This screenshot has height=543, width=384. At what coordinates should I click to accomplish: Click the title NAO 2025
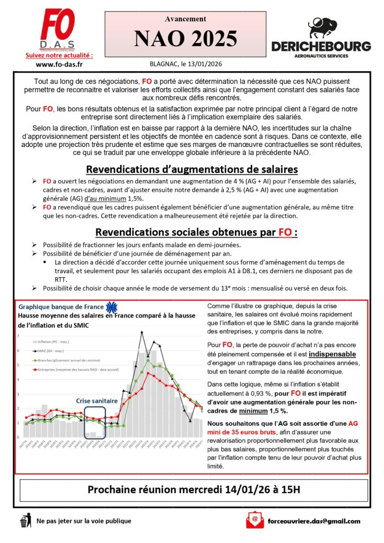pos(185,39)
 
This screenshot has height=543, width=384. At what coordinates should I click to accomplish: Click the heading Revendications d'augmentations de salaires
pos(191,170)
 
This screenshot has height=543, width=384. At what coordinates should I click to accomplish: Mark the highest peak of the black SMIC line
pos(141,332)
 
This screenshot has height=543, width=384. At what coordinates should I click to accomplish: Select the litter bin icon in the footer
pos(24,521)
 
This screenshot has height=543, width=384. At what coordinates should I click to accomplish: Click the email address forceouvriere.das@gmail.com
pos(315,521)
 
